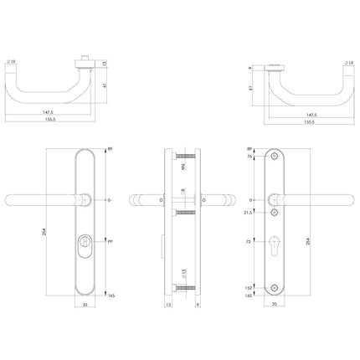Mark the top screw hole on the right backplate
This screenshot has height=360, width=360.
[x=278, y=157]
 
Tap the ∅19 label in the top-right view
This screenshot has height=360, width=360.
[x=347, y=62]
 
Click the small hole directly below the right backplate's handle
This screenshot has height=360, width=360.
[x=278, y=213]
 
